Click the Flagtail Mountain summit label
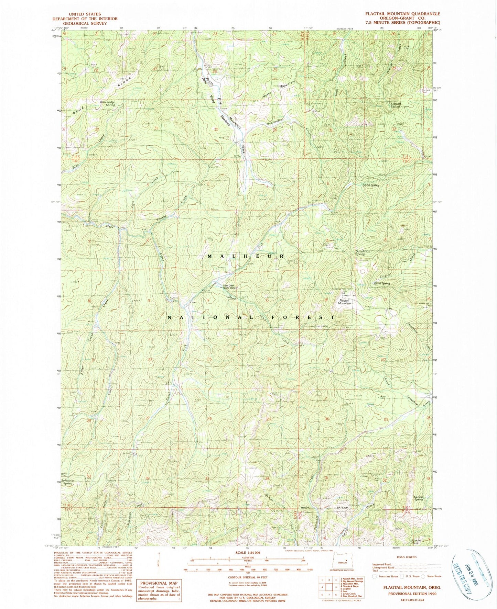pyautogui.click(x=344, y=302)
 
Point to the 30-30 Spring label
pyautogui.click(x=370, y=185)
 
